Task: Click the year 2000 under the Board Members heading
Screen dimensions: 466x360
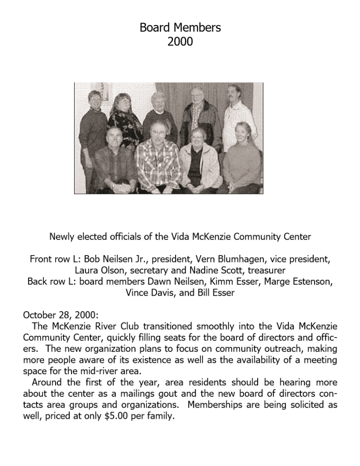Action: pyautogui.click(x=180, y=42)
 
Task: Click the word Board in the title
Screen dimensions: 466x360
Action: pyautogui.click(x=154, y=28)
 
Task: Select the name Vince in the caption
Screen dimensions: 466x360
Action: pyautogui.click(x=137, y=292)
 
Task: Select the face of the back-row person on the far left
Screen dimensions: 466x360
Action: pyautogui.click(x=95, y=99)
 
